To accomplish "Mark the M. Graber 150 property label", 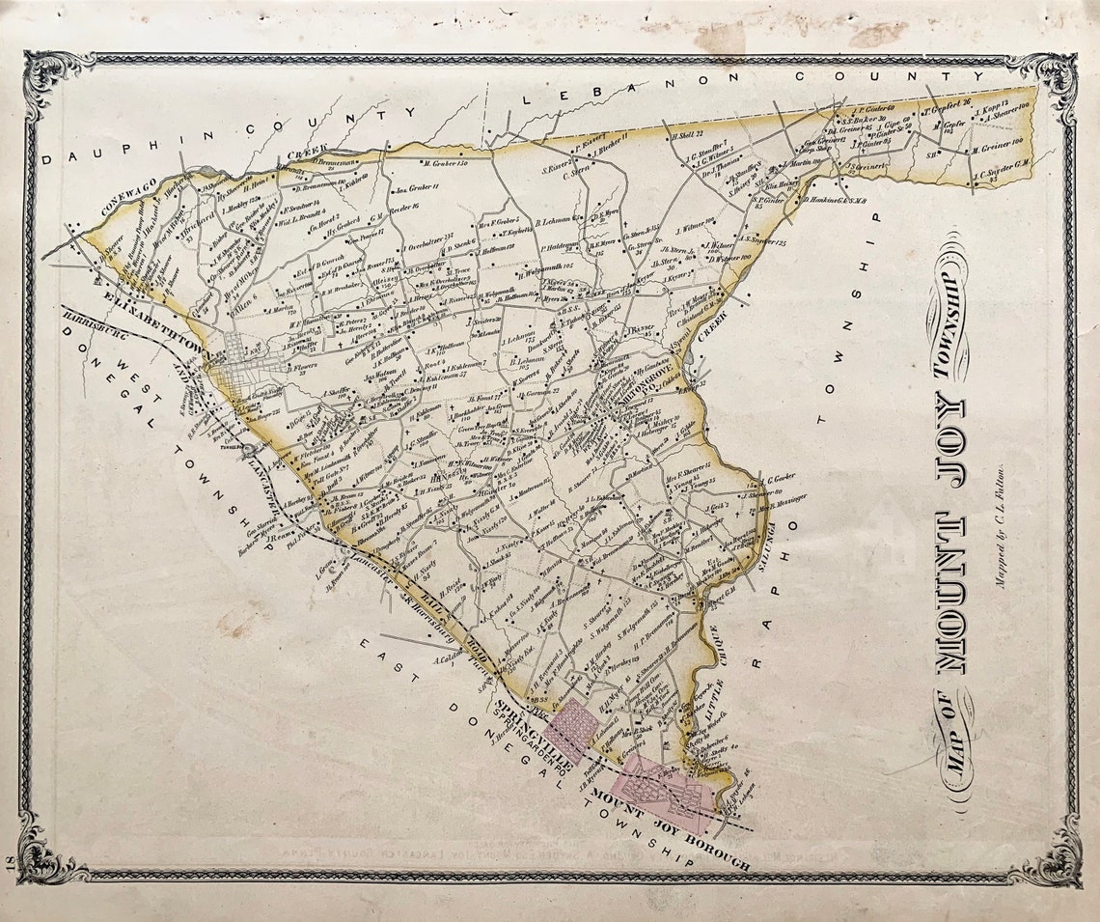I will pos(445,165).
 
